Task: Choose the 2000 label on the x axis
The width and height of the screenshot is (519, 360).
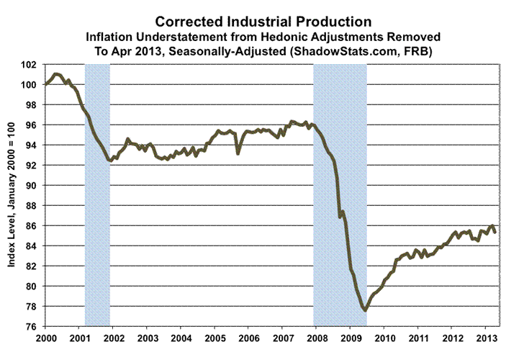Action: tap(45, 338)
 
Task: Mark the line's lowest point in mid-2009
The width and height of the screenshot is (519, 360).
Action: tap(365, 310)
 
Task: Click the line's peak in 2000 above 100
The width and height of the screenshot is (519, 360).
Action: tap(58, 74)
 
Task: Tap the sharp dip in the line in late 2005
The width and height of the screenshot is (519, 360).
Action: tap(238, 153)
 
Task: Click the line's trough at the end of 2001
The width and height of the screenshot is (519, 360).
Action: tap(109, 161)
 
